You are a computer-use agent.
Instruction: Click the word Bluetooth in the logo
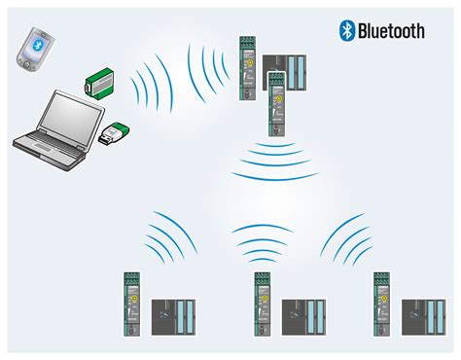click(x=391, y=31)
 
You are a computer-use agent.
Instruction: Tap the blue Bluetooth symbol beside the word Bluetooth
click(x=345, y=31)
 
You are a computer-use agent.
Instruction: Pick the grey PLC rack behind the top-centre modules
click(x=296, y=77)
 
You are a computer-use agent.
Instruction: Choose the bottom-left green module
click(x=131, y=303)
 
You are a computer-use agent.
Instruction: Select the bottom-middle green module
click(x=262, y=303)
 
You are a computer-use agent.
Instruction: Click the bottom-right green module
click(x=382, y=303)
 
